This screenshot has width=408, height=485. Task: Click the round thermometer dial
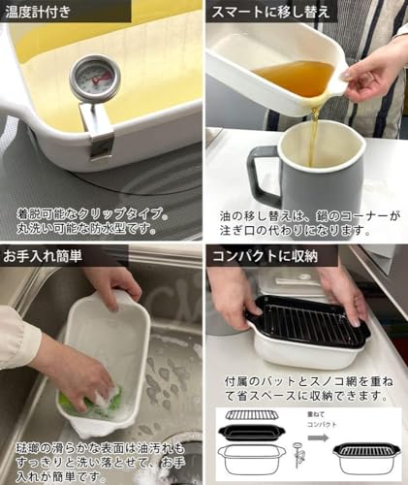coord(94,78)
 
